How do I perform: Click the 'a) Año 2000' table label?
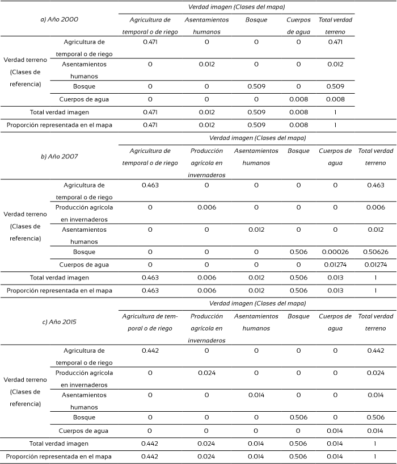pyautogui.click(x=60, y=20)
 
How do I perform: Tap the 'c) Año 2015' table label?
pyautogui.click(x=60, y=322)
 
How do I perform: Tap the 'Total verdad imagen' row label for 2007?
pyautogui.click(x=60, y=278)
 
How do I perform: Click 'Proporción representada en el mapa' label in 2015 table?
pyautogui.click(x=60, y=456)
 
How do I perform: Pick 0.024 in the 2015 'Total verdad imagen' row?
pyautogui.click(x=206, y=443)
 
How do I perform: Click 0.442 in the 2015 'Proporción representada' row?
pyautogui.click(x=150, y=456)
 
